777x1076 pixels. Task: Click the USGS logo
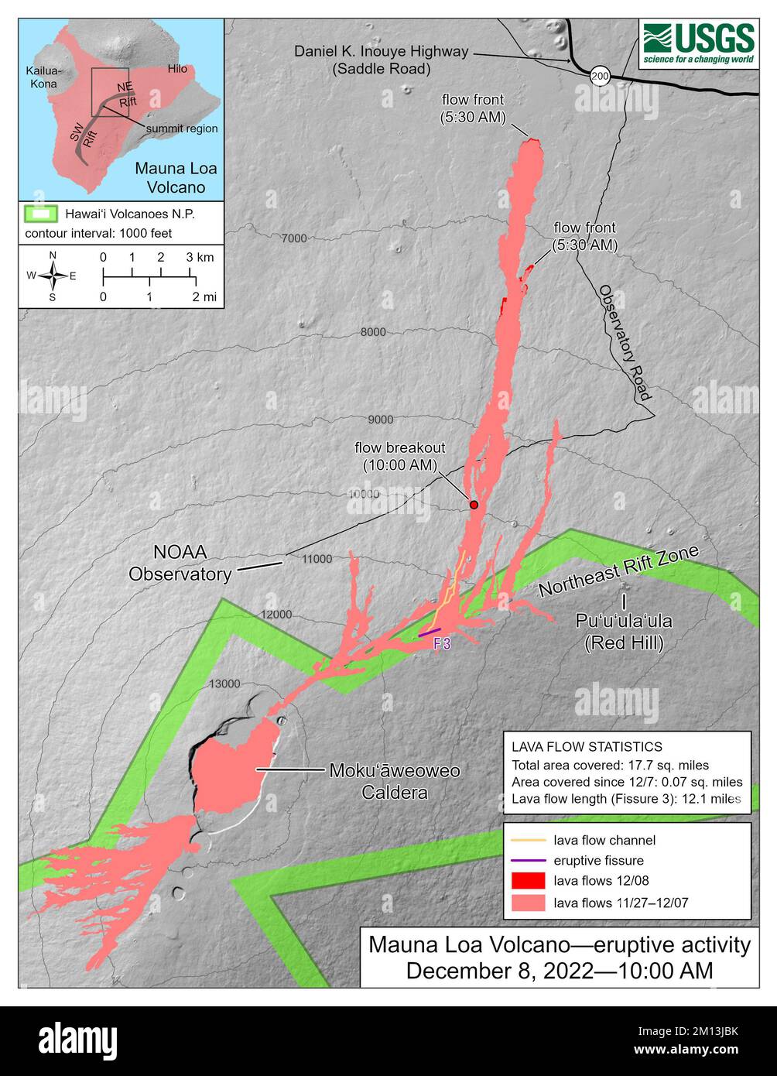(699, 44)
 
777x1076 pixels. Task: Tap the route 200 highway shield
(599, 75)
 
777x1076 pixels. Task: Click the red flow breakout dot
(474, 505)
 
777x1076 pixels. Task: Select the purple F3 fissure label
(442, 644)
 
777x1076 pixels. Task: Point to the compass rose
(53, 275)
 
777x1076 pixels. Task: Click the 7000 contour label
(294, 238)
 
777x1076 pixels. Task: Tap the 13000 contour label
(224, 684)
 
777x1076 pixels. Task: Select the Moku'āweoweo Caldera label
(395, 781)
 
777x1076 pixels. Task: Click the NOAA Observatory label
(180, 564)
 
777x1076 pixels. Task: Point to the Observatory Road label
(624, 342)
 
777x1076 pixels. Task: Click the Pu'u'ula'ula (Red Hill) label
(624, 632)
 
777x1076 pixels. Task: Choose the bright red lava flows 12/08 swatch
(525, 880)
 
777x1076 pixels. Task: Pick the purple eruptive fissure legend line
(525, 860)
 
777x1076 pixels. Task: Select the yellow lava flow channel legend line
(525, 840)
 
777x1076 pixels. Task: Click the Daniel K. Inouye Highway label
(381, 60)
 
